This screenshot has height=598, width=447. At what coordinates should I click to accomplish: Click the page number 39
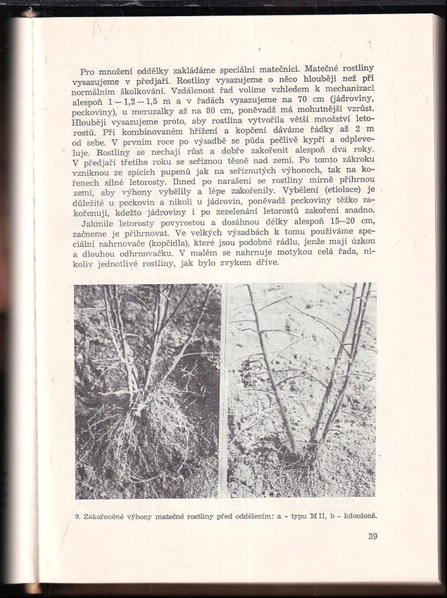373,537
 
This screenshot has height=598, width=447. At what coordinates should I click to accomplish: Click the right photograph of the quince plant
301,390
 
